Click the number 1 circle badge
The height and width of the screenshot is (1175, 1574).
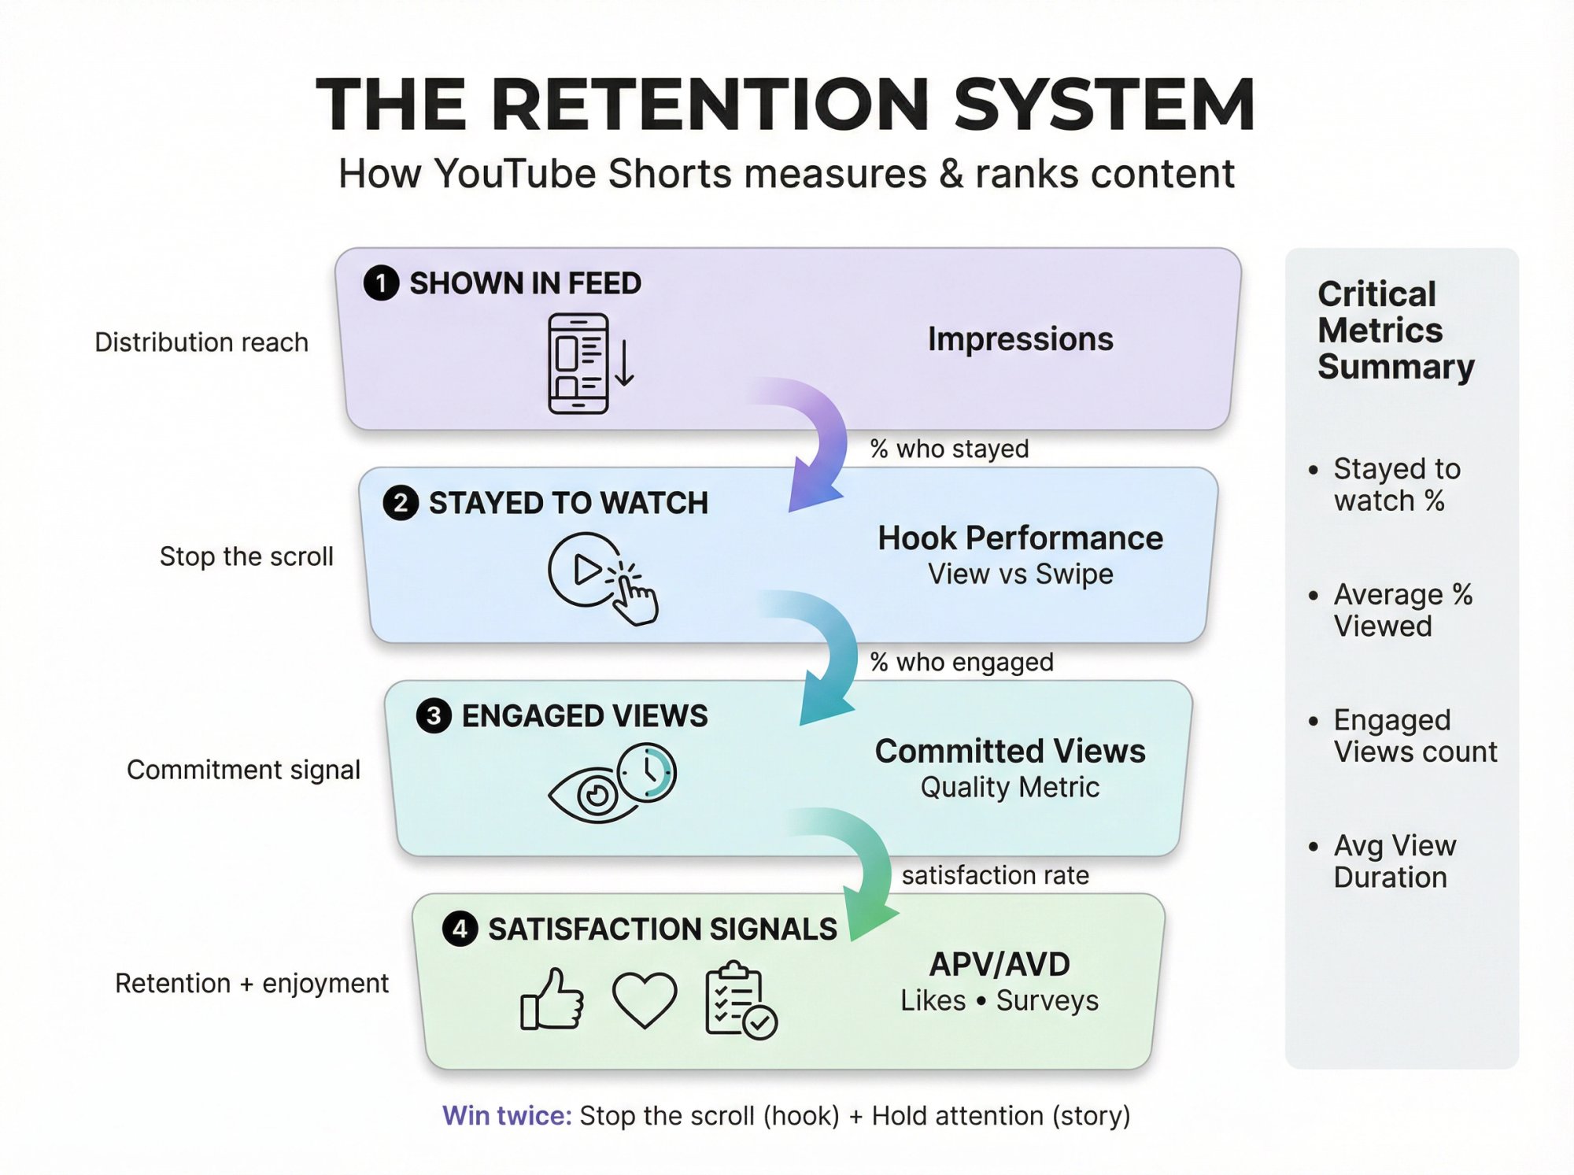point(381,283)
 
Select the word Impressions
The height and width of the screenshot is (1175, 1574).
point(1020,339)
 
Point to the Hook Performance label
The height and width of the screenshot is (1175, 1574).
point(1020,538)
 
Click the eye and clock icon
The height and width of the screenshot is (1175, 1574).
point(613,783)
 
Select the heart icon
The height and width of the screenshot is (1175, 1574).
point(645,999)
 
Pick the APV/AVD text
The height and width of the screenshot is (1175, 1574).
point(999,964)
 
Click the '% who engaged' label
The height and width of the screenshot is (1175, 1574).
point(962,663)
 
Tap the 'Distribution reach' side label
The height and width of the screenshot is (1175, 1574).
point(201,342)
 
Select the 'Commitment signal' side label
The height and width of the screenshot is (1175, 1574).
point(243,770)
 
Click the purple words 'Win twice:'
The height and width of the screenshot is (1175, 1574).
point(507,1116)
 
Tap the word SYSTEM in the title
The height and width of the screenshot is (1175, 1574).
point(1103,104)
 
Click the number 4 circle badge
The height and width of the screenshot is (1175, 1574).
point(460,929)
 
